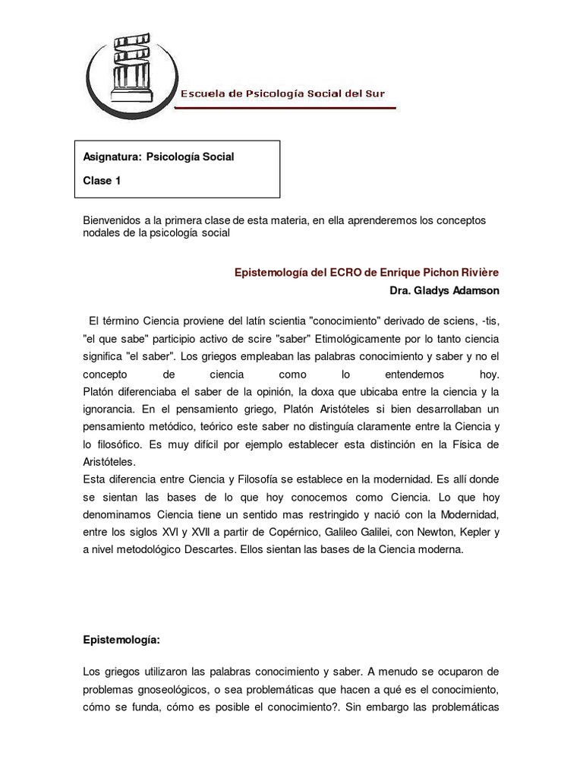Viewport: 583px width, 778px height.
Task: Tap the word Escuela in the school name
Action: pos(203,94)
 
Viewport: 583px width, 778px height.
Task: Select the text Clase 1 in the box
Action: pos(102,181)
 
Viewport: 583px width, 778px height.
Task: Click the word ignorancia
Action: pos(112,411)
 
